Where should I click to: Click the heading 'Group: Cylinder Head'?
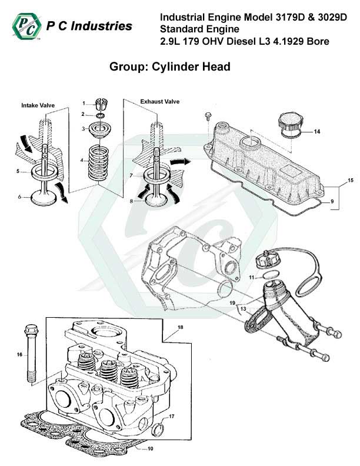[x=169, y=66]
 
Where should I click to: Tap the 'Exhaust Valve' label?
[x=159, y=102]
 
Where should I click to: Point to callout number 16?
[x=19, y=354]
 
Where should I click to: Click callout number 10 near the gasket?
[x=134, y=449]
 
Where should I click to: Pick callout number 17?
[x=172, y=417]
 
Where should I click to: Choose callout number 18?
[x=181, y=327]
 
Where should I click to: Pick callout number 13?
[x=243, y=309]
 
